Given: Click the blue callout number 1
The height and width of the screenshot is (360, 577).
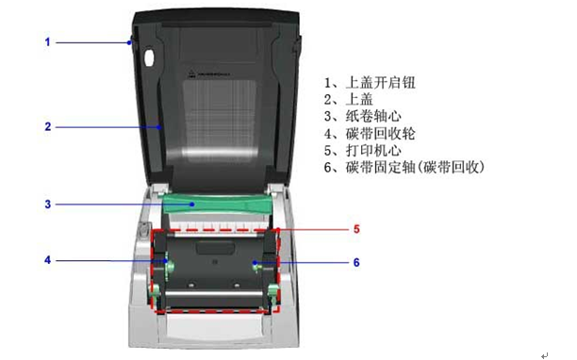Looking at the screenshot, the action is click(47, 41).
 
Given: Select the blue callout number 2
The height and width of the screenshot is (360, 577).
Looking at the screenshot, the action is click(48, 126).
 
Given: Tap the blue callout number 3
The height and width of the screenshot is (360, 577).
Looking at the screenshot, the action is click(48, 205).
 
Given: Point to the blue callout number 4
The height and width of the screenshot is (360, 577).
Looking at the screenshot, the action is click(47, 260).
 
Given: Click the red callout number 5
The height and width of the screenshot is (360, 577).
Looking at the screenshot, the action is click(356, 229).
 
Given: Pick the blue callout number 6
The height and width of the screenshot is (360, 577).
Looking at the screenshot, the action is click(356, 263).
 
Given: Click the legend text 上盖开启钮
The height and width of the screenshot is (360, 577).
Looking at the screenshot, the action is click(381, 82).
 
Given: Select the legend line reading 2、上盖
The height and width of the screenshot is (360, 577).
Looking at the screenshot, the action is click(349, 99).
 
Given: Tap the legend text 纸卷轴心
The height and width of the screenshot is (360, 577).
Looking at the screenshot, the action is click(373, 116).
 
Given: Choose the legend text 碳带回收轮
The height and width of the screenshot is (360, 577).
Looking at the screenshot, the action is click(381, 133).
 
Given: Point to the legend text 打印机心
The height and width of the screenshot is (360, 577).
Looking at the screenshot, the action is click(373, 150).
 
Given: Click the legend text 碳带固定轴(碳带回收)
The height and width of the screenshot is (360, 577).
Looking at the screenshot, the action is click(415, 168).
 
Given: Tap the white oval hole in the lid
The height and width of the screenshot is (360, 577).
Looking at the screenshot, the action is click(149, 57).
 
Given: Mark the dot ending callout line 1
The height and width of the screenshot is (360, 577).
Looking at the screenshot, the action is click(129, 42).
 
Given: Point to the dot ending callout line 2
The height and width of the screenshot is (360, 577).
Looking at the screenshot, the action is click(159, 127).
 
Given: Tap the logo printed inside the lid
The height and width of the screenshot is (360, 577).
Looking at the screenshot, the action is click(209, 74).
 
